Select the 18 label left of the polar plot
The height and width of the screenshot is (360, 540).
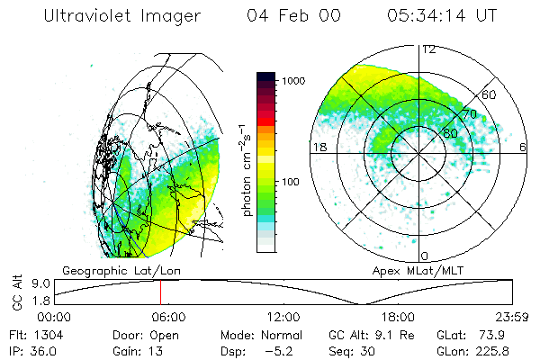point(318,147)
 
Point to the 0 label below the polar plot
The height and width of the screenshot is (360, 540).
point(425,256)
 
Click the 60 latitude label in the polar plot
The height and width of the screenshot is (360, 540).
point(490,94)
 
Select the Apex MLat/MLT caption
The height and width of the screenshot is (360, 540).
point(417,270)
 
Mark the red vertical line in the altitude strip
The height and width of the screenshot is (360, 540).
point(160,292)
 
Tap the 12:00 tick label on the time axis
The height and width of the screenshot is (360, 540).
point(284,317)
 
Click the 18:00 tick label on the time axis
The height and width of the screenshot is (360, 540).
point(398,317)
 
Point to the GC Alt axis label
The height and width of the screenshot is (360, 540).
point(15,292)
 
